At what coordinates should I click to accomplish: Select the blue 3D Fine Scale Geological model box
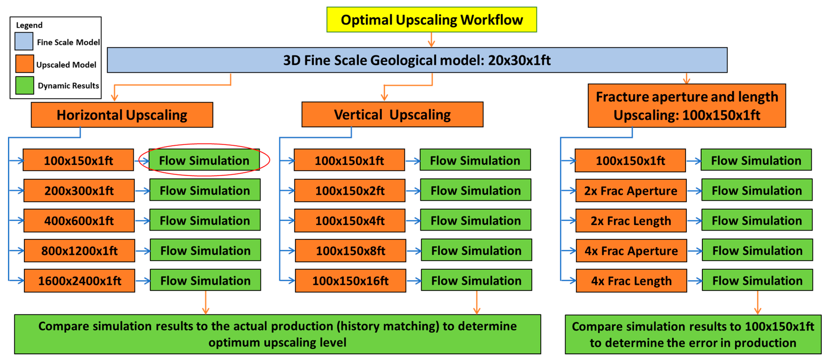pyautogui.click(x=417, y=60)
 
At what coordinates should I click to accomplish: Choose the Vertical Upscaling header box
pyautogui.click(x=392, y=115)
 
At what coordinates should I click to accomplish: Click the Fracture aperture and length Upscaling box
pyautogui.click(x=686, y=106)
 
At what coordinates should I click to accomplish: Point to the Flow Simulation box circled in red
pyautogui.click(x=204, y=160)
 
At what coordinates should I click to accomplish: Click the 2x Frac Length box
pyautogui.click(x=631, y=220)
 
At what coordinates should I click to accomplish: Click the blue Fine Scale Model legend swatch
pyautogui.click(x=24, y=41)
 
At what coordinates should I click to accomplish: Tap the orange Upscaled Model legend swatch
pyautogui.click(x=25, y=63)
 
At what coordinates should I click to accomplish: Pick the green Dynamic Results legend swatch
pyautogui.click(x=25, y=85)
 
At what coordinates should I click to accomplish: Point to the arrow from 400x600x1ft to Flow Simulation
pyautogui.click(x=142, y=220)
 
